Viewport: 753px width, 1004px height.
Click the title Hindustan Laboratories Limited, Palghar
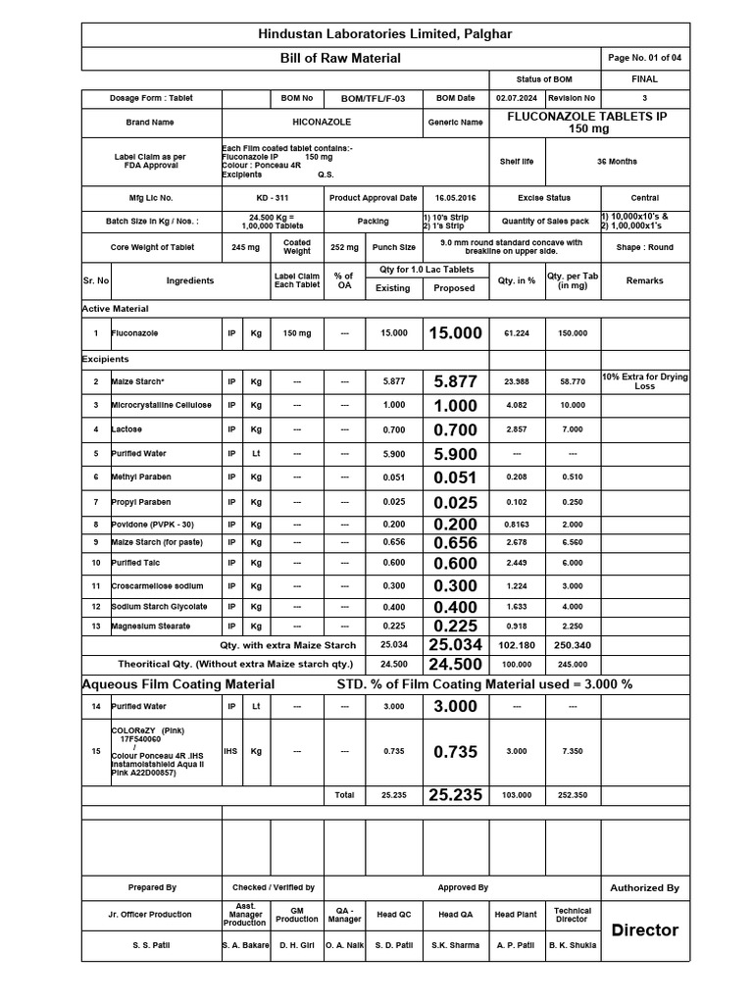(383, 34)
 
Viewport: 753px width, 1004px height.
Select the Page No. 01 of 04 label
(644, 59)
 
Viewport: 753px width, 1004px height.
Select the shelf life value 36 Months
(616, 162)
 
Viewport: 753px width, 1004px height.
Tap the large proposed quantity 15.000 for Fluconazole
(455, 333)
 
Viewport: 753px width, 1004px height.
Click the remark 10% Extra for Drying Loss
(644, 381)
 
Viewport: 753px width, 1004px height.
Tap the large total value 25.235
(455, 795)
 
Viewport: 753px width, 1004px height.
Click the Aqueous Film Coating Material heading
(177, 683)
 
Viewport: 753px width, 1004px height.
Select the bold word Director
(644, 930)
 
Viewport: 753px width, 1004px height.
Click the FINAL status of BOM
(644, 79)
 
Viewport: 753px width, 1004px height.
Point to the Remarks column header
(644, 280)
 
